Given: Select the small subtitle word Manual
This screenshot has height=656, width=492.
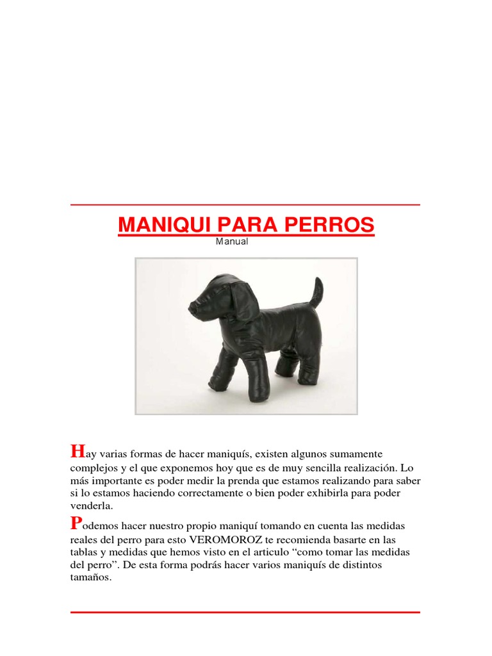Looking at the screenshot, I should [x=232, y=242].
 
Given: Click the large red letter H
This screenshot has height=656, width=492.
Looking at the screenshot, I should [x=77, y=452].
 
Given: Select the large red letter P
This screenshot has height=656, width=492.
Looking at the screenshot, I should [x=76, y=523].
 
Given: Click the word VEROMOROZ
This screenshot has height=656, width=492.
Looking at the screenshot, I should [x=227, y=539].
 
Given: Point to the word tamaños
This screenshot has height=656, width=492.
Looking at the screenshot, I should [x=92, y=577].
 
